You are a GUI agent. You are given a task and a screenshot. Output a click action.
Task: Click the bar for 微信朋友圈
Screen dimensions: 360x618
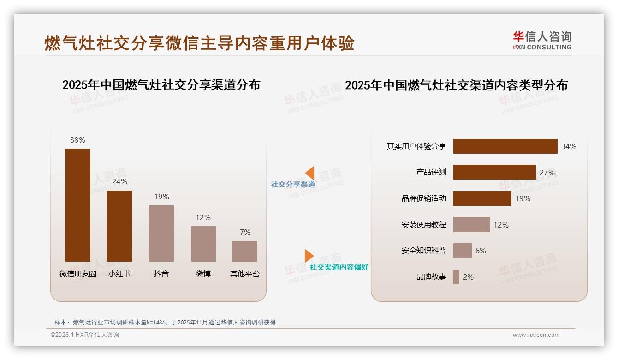(x=78, y=205)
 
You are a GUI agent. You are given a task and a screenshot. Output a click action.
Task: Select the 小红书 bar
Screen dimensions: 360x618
(x=119, y=226)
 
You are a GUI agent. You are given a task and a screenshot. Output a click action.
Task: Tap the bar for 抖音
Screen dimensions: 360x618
(x=161, y=233)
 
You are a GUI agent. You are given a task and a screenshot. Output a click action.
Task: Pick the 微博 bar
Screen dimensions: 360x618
(x=203, y=244)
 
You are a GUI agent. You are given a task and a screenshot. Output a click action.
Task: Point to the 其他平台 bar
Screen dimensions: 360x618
(x=245, y=251)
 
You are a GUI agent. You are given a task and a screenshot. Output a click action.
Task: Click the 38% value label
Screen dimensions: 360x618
(x=78, y=140)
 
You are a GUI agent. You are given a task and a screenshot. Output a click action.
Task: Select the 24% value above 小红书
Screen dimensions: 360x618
(x=119, y=182)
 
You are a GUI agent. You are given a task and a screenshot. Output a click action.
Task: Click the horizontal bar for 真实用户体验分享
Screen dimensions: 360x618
(x=505, y=146)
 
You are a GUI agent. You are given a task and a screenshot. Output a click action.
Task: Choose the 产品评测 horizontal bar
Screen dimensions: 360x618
(x=494, y=172)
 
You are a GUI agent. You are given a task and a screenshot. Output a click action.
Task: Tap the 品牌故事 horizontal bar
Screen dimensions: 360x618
(x=456, y=277)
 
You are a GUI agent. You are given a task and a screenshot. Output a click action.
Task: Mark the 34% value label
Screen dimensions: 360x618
(x=569, y=146)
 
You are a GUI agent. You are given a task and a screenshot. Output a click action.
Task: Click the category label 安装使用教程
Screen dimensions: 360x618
(x=424, y=225)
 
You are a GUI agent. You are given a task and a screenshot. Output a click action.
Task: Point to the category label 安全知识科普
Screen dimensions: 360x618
(x=424, y=251)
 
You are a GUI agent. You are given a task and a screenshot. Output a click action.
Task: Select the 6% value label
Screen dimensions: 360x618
(x=481, y=251)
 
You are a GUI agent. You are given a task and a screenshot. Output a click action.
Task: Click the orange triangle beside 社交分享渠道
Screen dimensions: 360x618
(x=310, y=173)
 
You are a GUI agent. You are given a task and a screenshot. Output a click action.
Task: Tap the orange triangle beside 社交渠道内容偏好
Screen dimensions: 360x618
(x=309, y=256)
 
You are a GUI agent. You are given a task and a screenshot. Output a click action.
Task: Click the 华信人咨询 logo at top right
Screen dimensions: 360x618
(x=542, y=40)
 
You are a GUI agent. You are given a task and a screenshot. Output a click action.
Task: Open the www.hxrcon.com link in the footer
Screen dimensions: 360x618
(x=536, y=335)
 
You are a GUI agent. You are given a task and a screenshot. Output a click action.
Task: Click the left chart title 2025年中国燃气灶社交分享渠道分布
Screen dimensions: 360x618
(x=161, y=85)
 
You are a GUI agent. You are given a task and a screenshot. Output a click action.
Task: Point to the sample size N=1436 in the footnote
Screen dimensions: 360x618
(x=155, y=322)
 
